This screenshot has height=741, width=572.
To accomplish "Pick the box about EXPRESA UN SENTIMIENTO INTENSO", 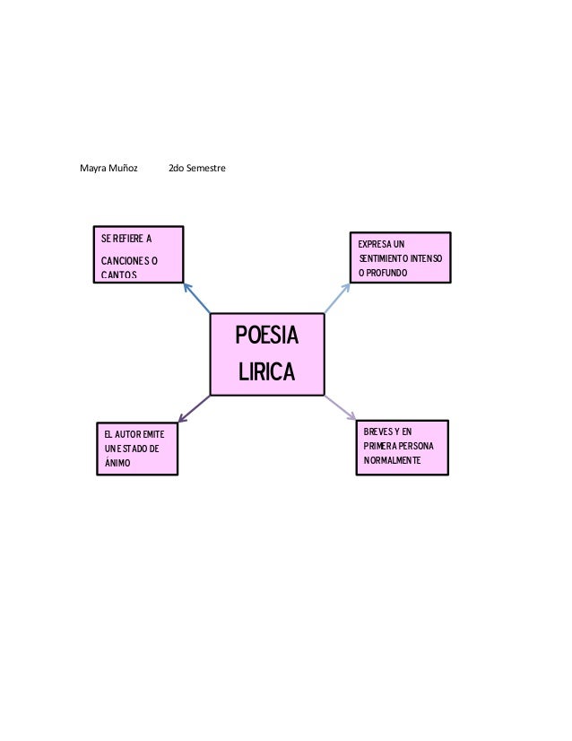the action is pos(400,257).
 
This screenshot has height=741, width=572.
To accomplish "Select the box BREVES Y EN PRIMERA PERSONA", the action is pos(401,444).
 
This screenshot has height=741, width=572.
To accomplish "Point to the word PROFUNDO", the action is pos(386,272).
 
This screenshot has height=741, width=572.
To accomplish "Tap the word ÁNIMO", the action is pos(117,463).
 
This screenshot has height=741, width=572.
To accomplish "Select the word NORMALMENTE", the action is pos(392,461).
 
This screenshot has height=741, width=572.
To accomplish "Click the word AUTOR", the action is pos(127,434).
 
